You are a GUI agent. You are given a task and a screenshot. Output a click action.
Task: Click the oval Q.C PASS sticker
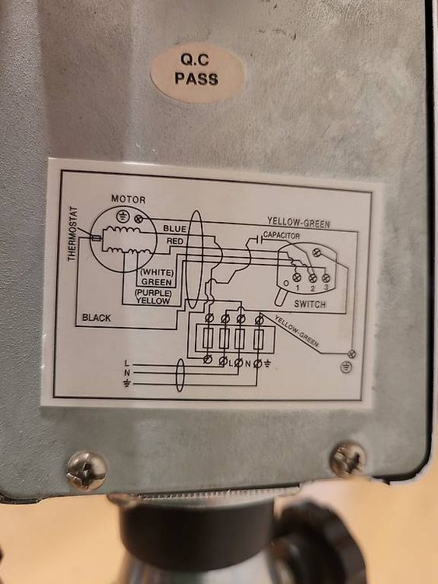pyautogui.click(x=197, y=72)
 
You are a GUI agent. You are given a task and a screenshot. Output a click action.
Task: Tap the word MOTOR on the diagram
pyautogui.click(x=129, y=199)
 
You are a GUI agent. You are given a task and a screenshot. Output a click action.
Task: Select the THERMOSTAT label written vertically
pyautogui.click(x=73, y=234)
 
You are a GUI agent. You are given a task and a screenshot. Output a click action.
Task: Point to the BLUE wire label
pyautogui.click(x=175, y=228)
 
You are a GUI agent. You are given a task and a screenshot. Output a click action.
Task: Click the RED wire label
pyautogui.click(x=175, y=241)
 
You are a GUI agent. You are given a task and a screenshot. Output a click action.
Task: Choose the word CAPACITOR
pyautogui.click(x=281, y=235)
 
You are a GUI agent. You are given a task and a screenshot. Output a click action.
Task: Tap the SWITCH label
pyautogui.click(x=309, y=304)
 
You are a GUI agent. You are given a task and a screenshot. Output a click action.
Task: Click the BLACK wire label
pyautogui.click(x=97, y=318)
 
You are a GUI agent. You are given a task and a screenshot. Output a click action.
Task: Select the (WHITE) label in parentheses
pyautogui.click(x=157, y=273)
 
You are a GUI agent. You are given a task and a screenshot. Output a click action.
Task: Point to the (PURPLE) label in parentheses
pyautogui.click(x=154, y=293)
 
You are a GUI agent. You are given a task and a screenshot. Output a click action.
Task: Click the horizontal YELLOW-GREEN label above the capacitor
pyautogui.click(x=298, y=223)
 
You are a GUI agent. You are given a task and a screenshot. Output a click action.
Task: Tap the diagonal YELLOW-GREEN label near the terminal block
pyautogui.click(x=297, y=331)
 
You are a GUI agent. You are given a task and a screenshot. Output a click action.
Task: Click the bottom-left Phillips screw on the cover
pyautogui.click(x=87, y=470)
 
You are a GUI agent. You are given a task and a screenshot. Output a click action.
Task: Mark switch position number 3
pyautogui.click(x=326, y=287)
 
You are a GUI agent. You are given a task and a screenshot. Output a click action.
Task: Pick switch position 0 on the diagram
pyautogui.click(x=286, y=283)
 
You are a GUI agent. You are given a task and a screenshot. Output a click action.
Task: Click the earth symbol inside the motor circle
pyautogui.click(x=122, y=216)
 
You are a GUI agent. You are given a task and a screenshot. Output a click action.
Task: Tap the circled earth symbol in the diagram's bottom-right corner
pyautogui.click(x=346, y=368)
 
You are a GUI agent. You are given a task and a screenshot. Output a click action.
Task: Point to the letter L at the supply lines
pyautogui.click(x=127, y=363)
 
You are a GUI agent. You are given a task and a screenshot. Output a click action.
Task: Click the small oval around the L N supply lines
pyautogui.click(x=180, y=375)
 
